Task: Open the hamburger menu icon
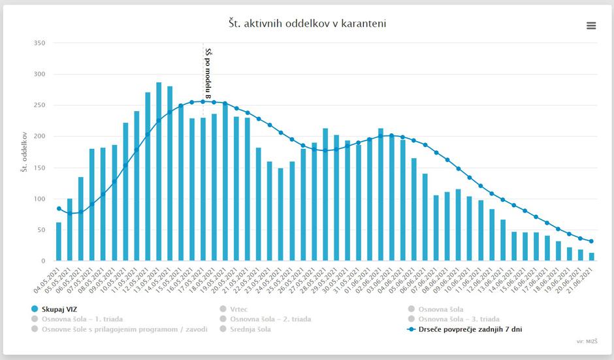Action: point(591,25)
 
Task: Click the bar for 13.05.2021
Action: point(159,172)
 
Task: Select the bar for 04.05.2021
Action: point(59,242)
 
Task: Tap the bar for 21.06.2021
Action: point(592,257)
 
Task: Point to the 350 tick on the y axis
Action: point(39,43)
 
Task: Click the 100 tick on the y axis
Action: point(39,199)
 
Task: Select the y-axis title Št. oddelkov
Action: point(24,152)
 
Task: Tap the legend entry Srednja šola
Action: point(250,329)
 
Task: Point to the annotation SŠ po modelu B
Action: point(208,73)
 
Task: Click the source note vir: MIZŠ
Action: point(588,341)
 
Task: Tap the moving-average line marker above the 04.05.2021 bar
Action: point(59,209)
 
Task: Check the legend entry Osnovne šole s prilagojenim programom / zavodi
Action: point(124,329)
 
